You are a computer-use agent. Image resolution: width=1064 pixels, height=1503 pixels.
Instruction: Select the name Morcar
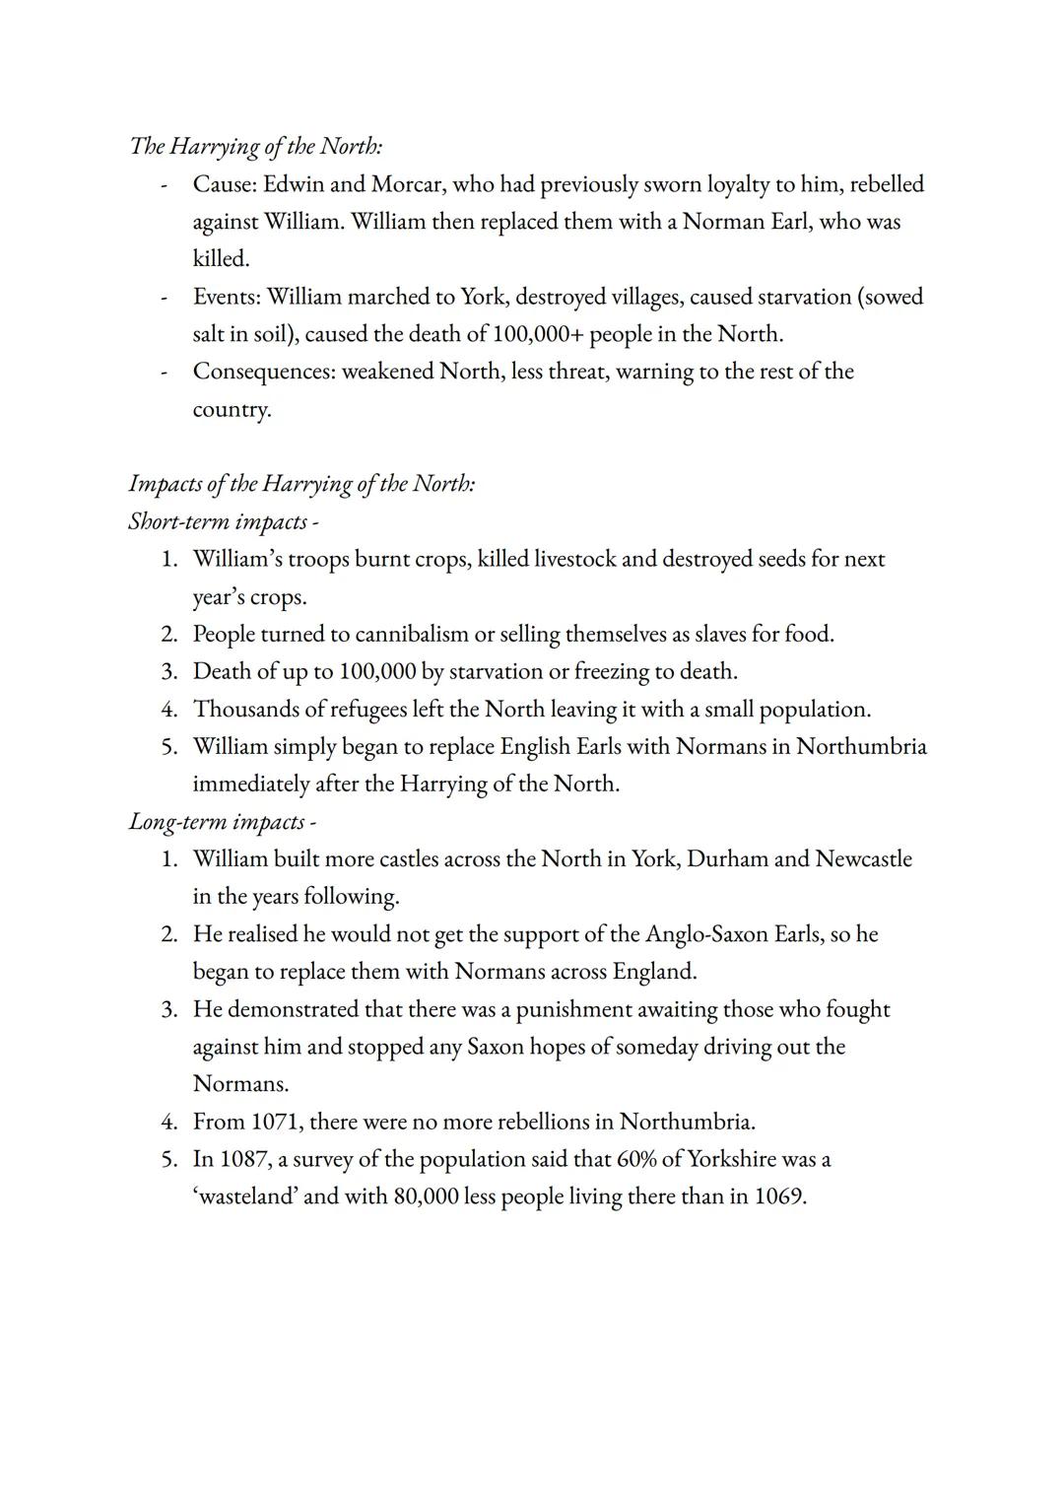[x=406, y=184]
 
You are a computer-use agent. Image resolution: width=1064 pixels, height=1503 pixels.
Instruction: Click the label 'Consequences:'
[x=264, y=372]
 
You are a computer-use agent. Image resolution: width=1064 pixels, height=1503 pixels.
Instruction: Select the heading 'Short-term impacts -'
[x=224, y=521]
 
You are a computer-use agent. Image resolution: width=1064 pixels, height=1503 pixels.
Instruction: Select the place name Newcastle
[x=863, y=858]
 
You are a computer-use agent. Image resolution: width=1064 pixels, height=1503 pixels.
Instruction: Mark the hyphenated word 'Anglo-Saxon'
[x=706, y=933]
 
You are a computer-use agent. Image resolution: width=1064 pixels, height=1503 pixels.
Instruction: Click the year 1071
[x=274, y=1122]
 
